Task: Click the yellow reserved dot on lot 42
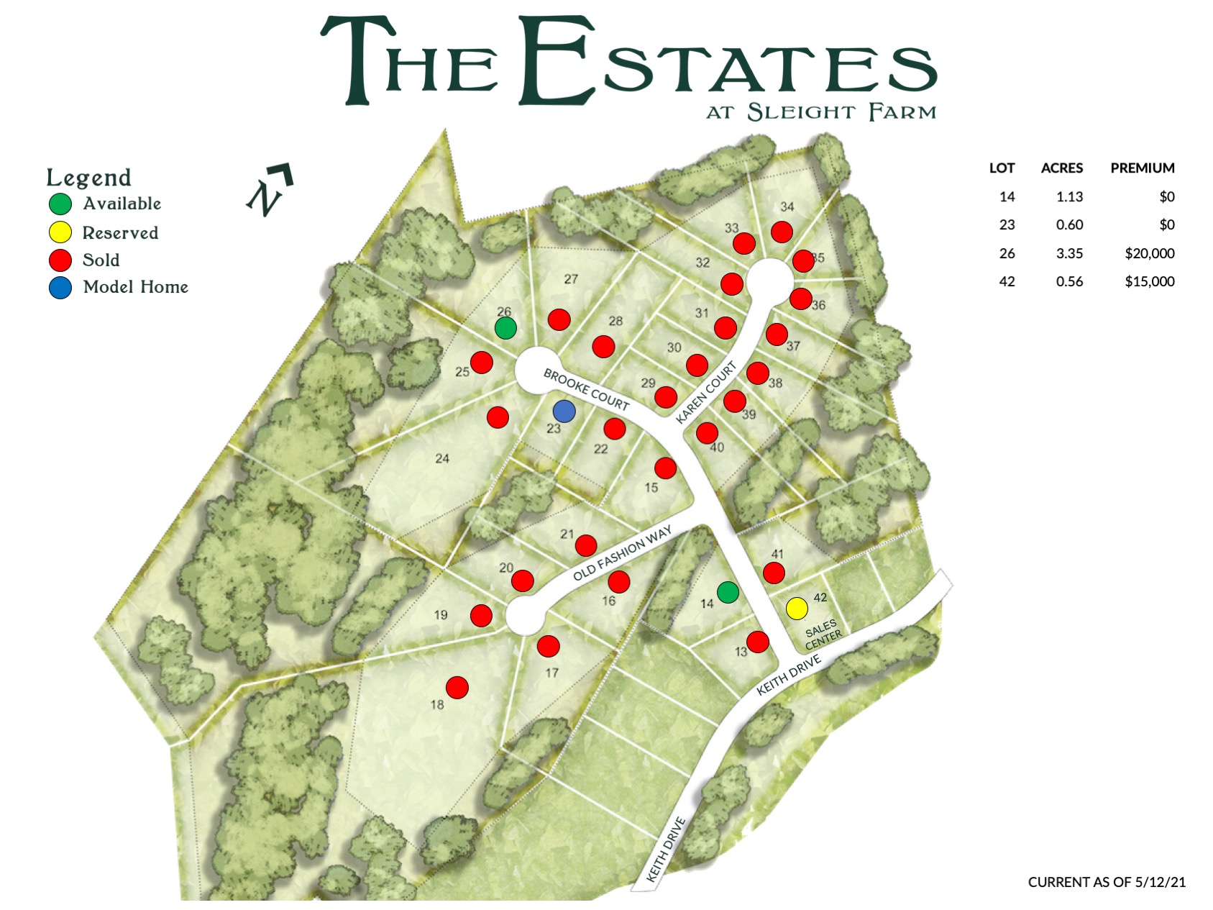coord(796,608)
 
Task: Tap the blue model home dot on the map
coord(564,411)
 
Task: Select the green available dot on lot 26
coord(505,328)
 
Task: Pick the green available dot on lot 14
coord(728,592)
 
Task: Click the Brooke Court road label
coord(586,389)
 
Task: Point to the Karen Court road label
coord(706,393)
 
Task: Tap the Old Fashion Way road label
coord(622,552)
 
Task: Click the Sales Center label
coord(822,634)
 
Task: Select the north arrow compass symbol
coord(270,189)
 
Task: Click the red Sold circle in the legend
coord(60,260)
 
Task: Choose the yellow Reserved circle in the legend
coord(60,232)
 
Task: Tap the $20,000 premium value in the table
coord(1149,253)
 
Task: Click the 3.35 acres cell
coord(1069,253)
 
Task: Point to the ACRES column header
coord(1061,168)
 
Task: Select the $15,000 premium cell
coord(1149,281)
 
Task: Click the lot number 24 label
coord(442,458)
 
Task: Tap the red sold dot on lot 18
coord(457,688)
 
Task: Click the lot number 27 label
coord(571,279)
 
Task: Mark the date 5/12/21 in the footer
coord(1161,882)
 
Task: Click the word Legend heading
coord(88,178)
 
